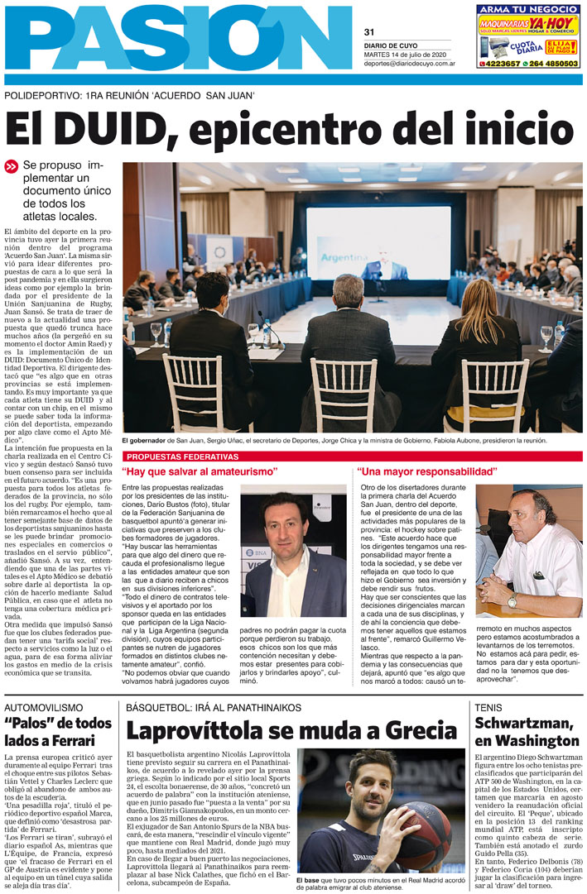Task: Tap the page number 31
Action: (x=369, y=32)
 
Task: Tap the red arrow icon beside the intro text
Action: (x=12, y=166)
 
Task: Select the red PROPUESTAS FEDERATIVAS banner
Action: (x=181, y=457)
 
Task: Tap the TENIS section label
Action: (x=489, y=708)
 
